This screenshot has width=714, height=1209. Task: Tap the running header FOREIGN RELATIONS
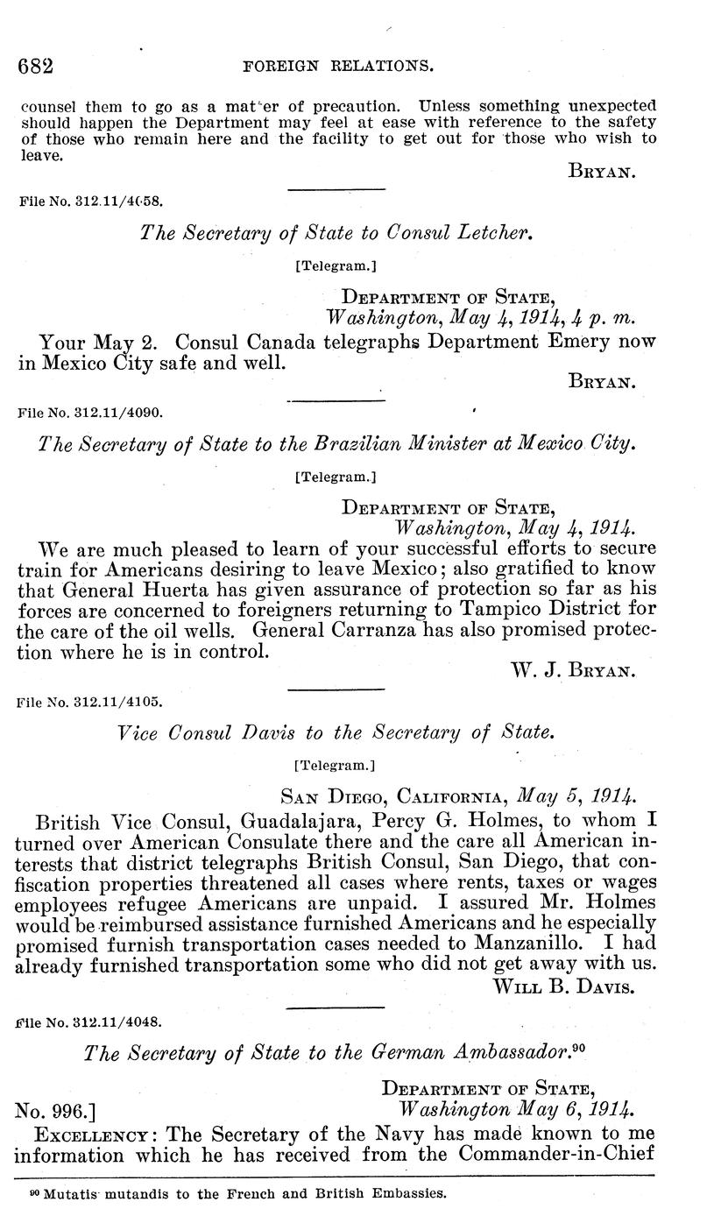329,67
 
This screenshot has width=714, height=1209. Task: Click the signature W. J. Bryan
572,670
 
